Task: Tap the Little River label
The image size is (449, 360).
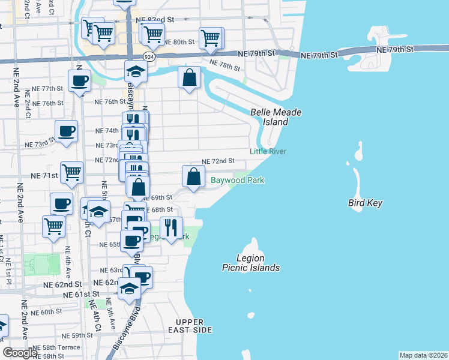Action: click(x=268, y=152)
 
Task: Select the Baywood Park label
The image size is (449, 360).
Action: click(x=238, y=180)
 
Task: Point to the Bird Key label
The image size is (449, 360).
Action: click(x=365, y=203)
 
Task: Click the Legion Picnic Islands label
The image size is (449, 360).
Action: click(x=250, y=263)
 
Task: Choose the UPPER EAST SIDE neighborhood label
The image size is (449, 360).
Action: click(x=194, y=326)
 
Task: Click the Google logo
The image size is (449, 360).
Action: click(x=20, y=353)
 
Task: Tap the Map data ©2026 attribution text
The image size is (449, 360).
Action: click(x=423, y=355)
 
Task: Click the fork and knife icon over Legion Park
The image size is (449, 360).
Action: click(x=172, y=227)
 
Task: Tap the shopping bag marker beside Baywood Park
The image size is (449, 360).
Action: click(x=193, y=176)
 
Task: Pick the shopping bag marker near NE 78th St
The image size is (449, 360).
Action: click(x=189, y=77)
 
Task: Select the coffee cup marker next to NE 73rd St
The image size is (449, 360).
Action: click(x=66, y=130)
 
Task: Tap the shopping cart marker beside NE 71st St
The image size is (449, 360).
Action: click(x=72, y=172)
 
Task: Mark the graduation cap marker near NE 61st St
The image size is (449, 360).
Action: click(x=129, y=289)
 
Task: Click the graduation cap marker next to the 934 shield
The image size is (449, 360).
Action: click(x=136, y=71)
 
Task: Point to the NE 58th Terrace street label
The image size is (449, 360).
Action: click(x=56, y=347)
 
